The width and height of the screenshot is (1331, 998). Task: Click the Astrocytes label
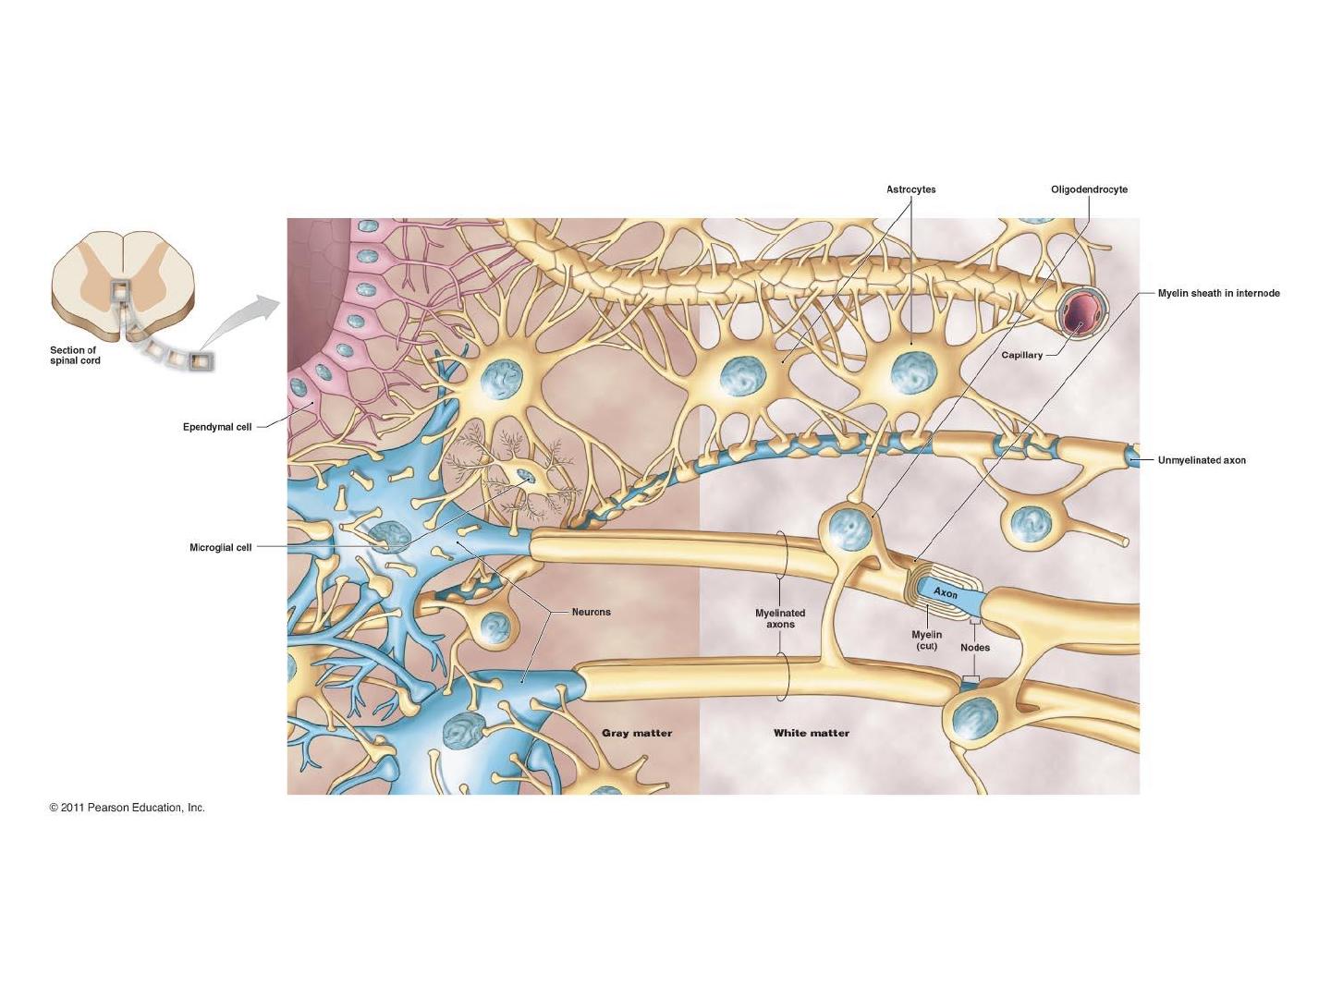910,189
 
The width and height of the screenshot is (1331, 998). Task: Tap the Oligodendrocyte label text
1089,189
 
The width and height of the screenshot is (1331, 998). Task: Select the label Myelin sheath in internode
1219,293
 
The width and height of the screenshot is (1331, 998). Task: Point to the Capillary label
1021,355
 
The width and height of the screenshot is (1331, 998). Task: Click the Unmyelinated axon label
1202,460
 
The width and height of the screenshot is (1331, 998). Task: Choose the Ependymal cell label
217,427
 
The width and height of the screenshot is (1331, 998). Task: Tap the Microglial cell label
221,548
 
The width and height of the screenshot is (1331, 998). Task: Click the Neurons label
592,612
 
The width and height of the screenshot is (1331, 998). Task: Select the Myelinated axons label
780,619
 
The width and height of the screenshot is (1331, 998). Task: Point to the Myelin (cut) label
926,639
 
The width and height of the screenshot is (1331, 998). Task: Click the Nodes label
975,648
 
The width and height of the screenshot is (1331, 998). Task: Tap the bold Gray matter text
637,733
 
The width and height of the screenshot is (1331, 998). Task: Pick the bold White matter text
812,733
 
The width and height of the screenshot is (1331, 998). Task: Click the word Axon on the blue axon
946,592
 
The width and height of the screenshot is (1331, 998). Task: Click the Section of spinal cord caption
75,355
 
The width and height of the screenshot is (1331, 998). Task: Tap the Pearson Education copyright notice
128,808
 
